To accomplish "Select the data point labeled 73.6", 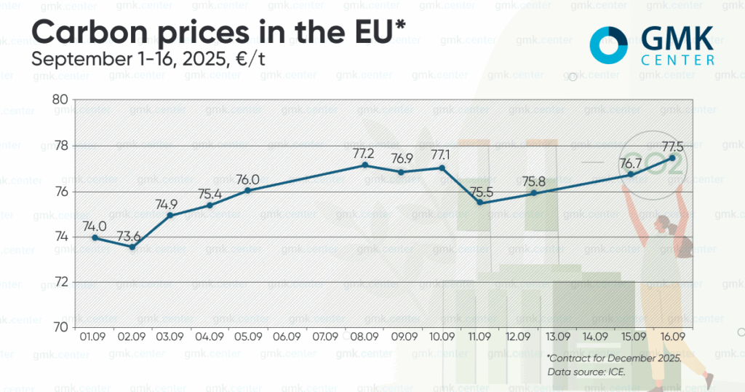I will coord(132,247).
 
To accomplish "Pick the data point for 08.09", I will coord(365,165).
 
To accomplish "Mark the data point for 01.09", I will coord(95,238).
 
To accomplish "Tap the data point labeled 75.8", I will coord(533,193).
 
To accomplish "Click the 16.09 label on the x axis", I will coord(673,337).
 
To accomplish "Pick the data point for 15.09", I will coord(631,175).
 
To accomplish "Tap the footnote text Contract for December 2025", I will coord(614,358).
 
